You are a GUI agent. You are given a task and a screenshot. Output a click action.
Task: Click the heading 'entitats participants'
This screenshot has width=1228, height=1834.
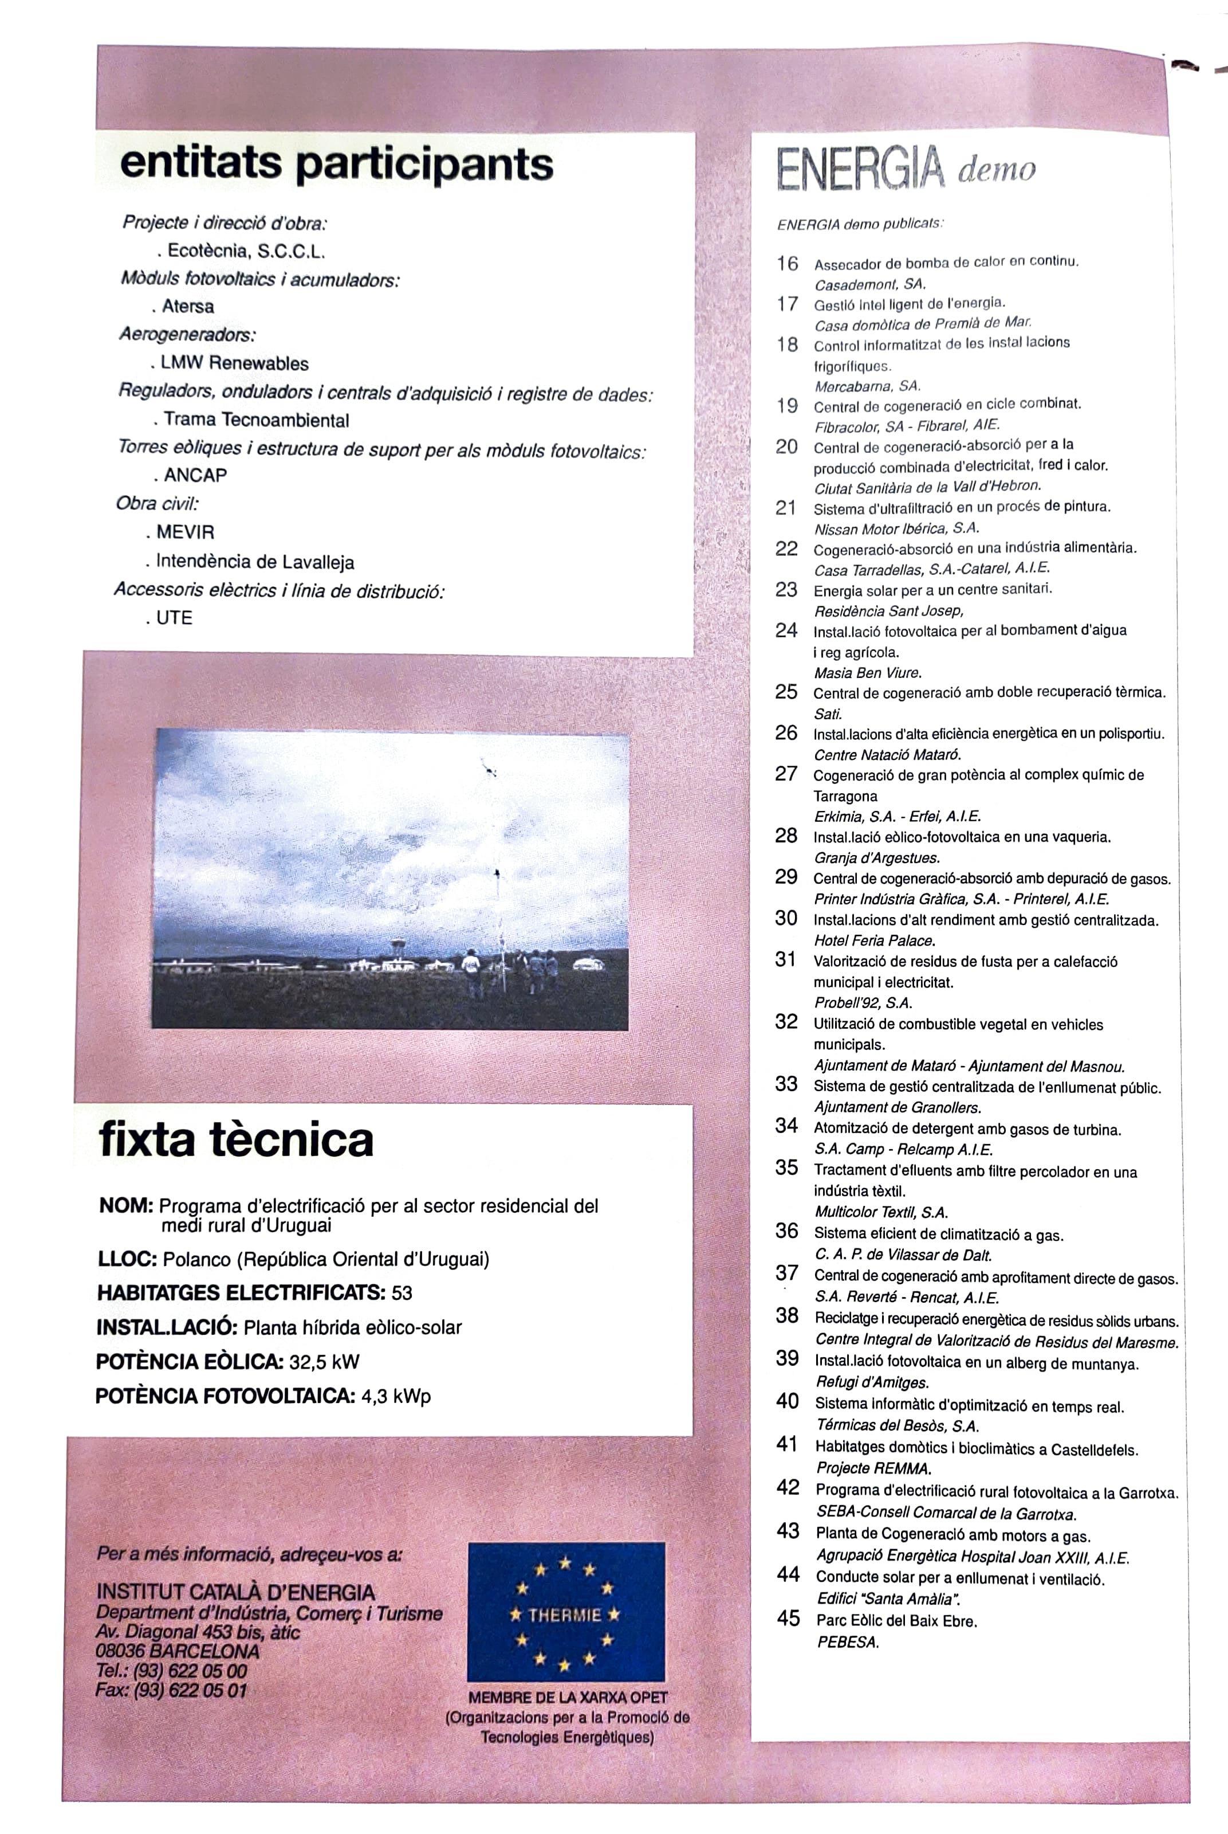tap(337, 164)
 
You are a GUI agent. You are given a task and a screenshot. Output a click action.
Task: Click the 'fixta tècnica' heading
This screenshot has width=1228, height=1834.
tap(236, 1140)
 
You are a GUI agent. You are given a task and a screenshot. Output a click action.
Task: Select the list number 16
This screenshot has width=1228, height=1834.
tap(787, 264)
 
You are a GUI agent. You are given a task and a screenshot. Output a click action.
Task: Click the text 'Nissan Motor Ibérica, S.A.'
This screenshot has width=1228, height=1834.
tap(897, 529)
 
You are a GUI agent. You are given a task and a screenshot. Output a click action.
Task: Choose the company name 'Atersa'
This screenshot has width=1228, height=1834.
tap(187, 306)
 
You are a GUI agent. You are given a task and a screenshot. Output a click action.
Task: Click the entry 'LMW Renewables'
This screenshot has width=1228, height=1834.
tap(234, 363)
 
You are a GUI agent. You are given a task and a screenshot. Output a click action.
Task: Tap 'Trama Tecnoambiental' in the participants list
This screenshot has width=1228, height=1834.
tap(256, 420)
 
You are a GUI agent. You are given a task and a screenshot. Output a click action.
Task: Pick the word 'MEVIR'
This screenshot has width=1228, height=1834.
tap(185, 533)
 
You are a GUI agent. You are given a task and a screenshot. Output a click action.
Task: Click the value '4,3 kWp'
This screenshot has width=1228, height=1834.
tap(396, 1396)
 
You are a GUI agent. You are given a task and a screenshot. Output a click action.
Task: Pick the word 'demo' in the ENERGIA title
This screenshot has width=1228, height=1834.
tap(995, 169)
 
